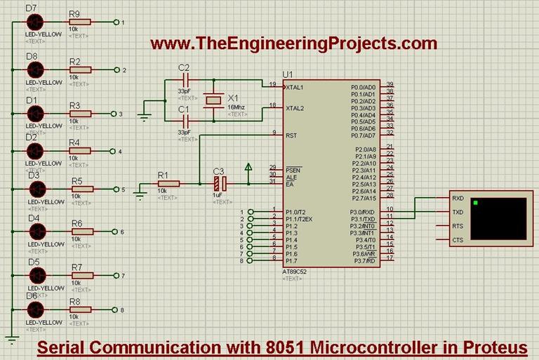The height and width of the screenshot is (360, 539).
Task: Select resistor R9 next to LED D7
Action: [79, 22]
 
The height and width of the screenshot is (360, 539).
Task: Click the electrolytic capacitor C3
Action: [220, 184]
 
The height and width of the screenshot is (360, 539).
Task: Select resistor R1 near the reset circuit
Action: [168, 184]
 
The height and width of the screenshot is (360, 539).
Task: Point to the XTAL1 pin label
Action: [295, 88]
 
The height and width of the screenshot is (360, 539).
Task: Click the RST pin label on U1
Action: [291, 135]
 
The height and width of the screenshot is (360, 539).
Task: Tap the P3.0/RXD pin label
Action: [364, 212]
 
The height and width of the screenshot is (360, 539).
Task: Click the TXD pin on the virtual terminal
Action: [458, 212]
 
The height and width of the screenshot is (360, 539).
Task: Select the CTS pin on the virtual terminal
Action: [458, 240]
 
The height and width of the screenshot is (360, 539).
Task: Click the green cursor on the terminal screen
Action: [477, 204]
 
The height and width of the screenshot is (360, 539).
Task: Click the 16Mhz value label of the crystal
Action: [237, 107]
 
